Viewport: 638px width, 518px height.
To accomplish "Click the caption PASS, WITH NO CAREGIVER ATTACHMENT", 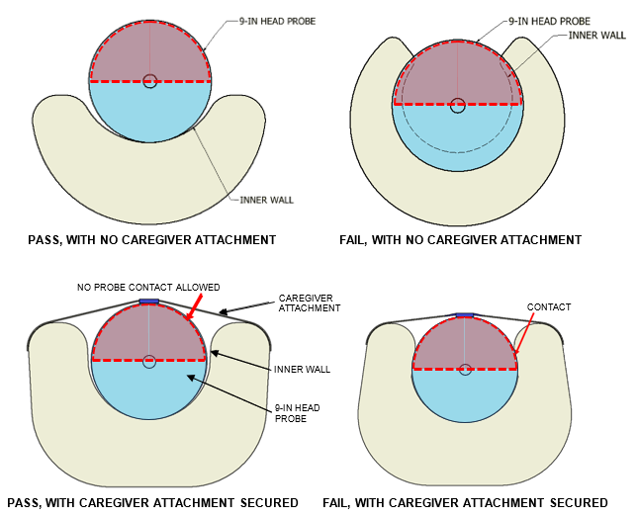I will (x=150, y=239).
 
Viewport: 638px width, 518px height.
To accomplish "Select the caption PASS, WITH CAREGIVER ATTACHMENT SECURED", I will (x=150, y=503).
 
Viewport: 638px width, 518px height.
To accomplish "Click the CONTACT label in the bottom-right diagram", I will (x=550, y=307).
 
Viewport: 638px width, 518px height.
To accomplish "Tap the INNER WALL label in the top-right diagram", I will (x=596, y=35).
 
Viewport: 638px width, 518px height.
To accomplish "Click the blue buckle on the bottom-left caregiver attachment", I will (x=148, y=302).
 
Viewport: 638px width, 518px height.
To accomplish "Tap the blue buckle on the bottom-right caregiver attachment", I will (x=465, y=315).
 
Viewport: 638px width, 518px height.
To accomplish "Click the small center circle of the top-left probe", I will (x=149, y=81).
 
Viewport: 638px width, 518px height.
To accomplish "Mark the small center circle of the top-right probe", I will (x=457, y=104).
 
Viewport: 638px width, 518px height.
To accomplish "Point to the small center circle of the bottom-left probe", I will (x=148, y=362).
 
